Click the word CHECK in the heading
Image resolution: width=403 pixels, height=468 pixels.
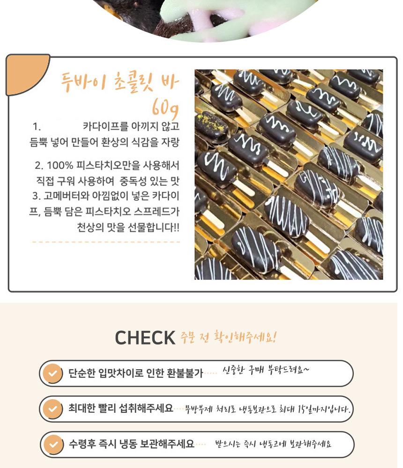click(145, 337)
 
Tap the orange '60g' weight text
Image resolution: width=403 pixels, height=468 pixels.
click(165, 108)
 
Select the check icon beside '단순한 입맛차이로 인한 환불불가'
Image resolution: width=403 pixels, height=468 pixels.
click(52, 373)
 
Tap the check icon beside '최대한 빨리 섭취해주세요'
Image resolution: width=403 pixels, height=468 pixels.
click(52, 409)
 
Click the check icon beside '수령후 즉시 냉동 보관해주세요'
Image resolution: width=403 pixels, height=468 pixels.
click(53, 445)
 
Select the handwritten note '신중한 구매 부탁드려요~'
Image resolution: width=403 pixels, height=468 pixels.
click(266, 370)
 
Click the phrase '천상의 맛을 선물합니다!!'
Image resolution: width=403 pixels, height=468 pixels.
click(128, 227)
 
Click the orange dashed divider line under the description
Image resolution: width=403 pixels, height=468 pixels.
click(106, 242)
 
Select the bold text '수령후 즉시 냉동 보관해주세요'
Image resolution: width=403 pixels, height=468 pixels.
click(132, 444)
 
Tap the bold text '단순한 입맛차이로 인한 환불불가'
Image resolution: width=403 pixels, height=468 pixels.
click(136, 373)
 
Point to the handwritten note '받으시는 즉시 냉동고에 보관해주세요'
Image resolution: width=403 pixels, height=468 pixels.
click(273, 444)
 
